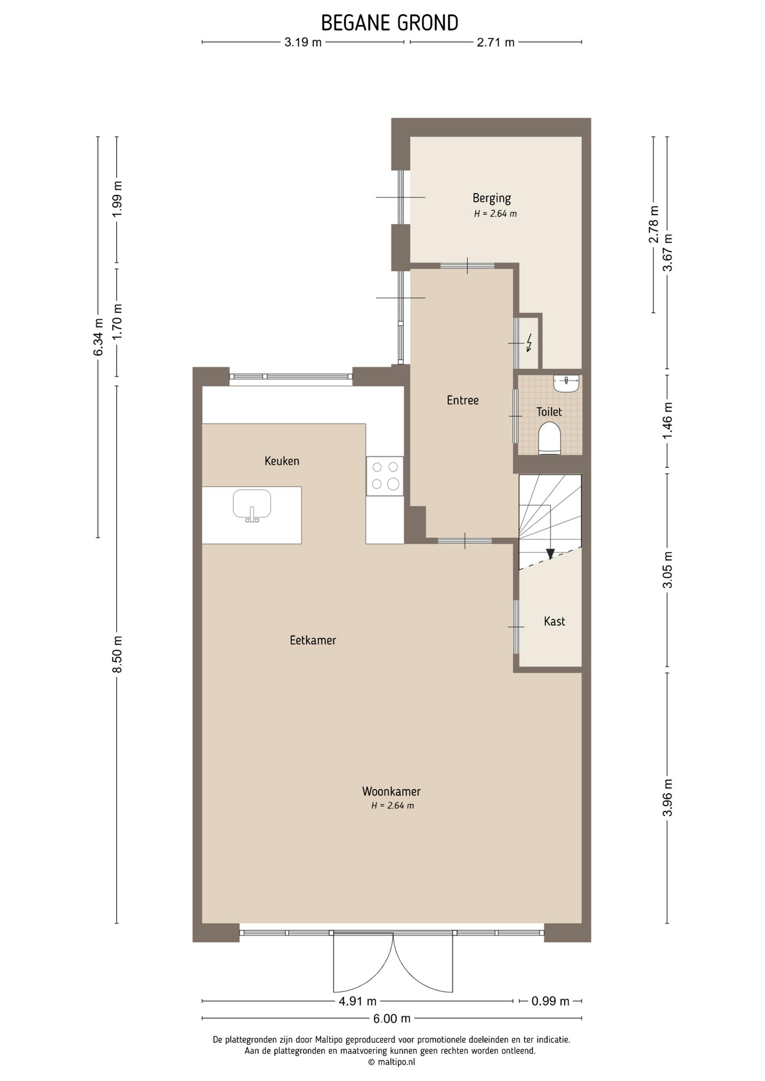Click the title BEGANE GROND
[390, 23]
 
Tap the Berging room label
[492, 198]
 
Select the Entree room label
[462, 400]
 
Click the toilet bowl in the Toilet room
[549, 439]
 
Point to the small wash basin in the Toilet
[566, 383]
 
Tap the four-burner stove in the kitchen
[385, 476]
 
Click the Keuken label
[282, 461]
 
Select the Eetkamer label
[313, 640]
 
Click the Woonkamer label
[391, 792]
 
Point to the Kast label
[554, 622]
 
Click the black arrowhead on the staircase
[550, 553]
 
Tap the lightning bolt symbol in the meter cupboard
[529, 342]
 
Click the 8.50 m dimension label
[117, 654]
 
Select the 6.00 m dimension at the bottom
[392, 1018]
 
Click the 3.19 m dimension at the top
[303, 42]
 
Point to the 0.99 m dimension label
[550, 1001]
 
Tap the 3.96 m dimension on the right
[668, 797]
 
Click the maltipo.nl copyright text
[392, 1062]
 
